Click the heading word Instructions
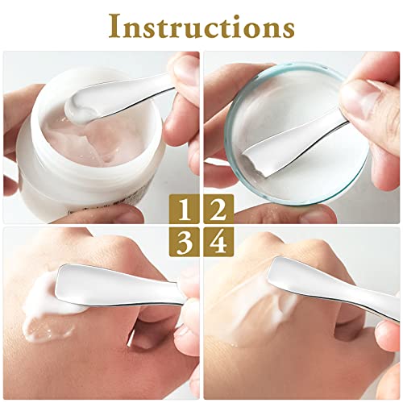[201, 26]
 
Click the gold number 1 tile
[185, 210]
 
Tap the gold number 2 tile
[217, 210]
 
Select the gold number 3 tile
[185, 241]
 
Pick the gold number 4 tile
[217, 241]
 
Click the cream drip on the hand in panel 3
[40, 326]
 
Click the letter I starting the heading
[114, 26]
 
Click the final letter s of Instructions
[286, 28]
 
